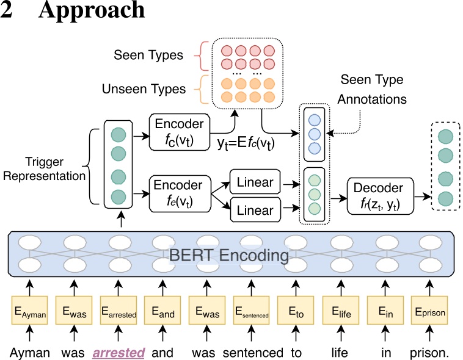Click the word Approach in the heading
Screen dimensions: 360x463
(x=92, y=12)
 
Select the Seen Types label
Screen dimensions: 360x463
(x=148, y=56)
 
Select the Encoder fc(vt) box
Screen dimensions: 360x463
(x=179, y=130)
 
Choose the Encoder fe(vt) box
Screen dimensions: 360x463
(x=179, y=190)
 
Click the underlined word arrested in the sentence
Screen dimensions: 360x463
(x=118, y=352)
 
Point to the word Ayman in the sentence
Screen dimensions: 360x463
(x=29, y=352)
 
